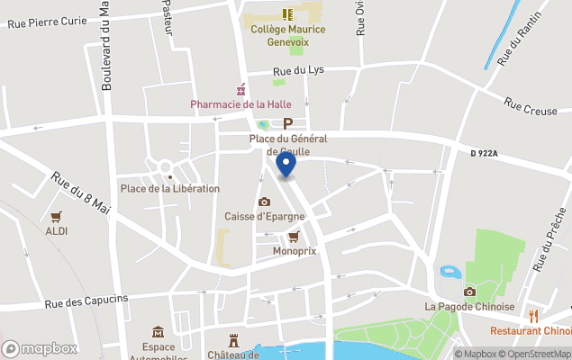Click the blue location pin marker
pos(286,165)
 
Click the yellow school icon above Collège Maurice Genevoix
pos(287,13)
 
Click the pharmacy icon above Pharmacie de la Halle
pos(241,89)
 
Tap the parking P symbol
pos(288,124)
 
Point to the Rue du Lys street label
pos(298,70)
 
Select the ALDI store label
pos(58,231)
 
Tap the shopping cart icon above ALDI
pos(57,217)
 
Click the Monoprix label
pos(295,251)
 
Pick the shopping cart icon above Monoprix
pos(294,237)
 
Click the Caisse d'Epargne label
pos(264,217)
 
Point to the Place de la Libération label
pos(170,188)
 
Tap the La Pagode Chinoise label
pos(469,307)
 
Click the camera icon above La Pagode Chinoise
pos(469,292)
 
